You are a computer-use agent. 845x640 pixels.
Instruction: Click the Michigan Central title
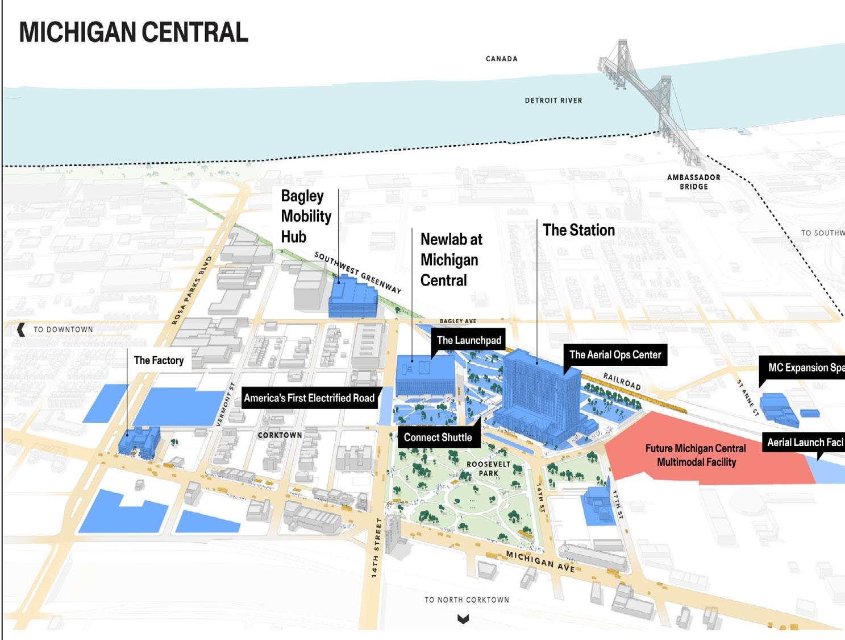[x=134, y=32]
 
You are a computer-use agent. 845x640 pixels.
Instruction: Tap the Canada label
[x=501, y=59]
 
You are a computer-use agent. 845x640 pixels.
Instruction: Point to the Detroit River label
[x=553, y=101]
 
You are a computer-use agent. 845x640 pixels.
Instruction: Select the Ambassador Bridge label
[x=693, y=182]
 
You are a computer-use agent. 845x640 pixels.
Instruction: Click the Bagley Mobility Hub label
[x=306, y=216]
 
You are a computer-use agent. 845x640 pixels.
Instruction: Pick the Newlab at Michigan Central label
[x=451, y=260]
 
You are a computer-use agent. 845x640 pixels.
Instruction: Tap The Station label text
[x=578, y=230]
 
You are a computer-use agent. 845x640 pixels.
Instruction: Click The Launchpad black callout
[x=469, y=341]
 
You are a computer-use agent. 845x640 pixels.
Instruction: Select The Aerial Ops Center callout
[x=615, y=355]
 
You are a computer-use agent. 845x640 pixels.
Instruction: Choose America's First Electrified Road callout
[x=309, y=398]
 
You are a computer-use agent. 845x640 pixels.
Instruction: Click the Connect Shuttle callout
[x=438, y=437]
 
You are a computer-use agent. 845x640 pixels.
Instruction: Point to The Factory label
[x=159, y=361]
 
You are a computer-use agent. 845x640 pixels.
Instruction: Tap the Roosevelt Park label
[x=488, y=469]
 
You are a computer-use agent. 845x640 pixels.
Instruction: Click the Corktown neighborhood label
[x=280, y=435]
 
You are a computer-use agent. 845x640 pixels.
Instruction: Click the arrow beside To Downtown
[x=21, y=329]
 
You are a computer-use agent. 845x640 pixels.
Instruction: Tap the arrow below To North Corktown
[x=463, y=619]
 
